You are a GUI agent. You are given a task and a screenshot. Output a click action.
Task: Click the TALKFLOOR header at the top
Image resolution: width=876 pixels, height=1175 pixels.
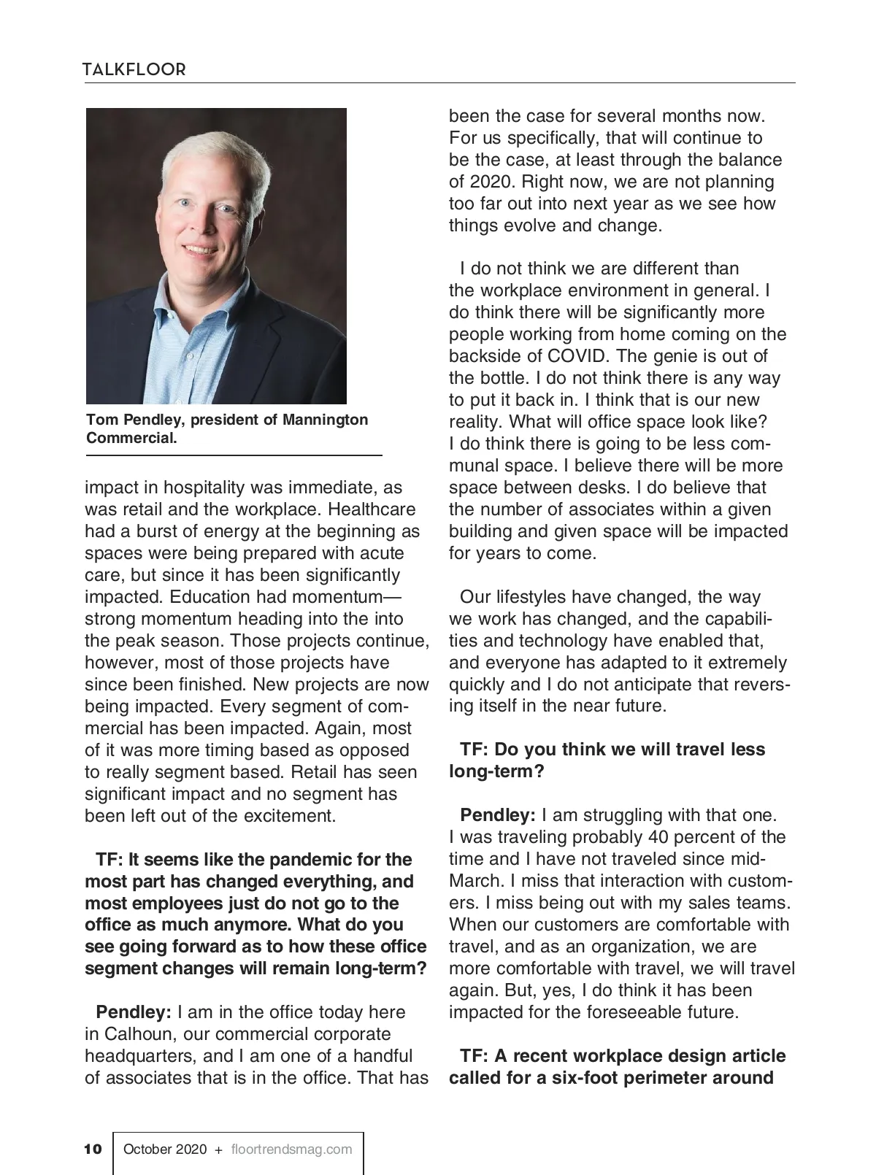coord(134,69)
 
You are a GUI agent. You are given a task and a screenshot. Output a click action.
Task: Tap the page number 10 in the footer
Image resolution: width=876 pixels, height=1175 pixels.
coord(93,1149)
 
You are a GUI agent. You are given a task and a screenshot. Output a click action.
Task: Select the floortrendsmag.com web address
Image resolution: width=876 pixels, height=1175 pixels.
coord(291,1149)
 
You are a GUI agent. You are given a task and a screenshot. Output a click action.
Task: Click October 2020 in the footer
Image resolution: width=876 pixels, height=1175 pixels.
coord(165,1149)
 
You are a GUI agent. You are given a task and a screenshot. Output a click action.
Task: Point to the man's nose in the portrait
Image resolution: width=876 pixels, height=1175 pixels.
coord(201,227)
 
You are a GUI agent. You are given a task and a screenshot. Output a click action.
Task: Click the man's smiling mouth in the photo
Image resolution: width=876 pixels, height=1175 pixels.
coord(201,250)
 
